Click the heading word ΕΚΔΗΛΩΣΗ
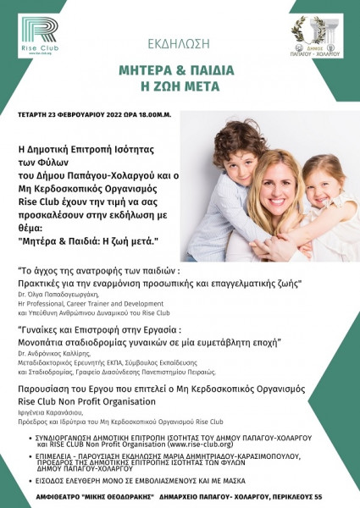[179, 40]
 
